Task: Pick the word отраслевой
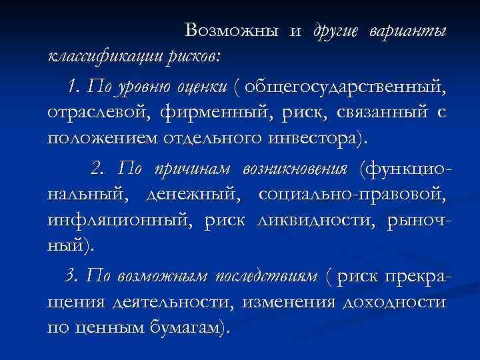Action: [x=89, y=113]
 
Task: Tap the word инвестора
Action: [x=313, y=139]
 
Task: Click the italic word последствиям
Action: [x=263, y=276]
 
